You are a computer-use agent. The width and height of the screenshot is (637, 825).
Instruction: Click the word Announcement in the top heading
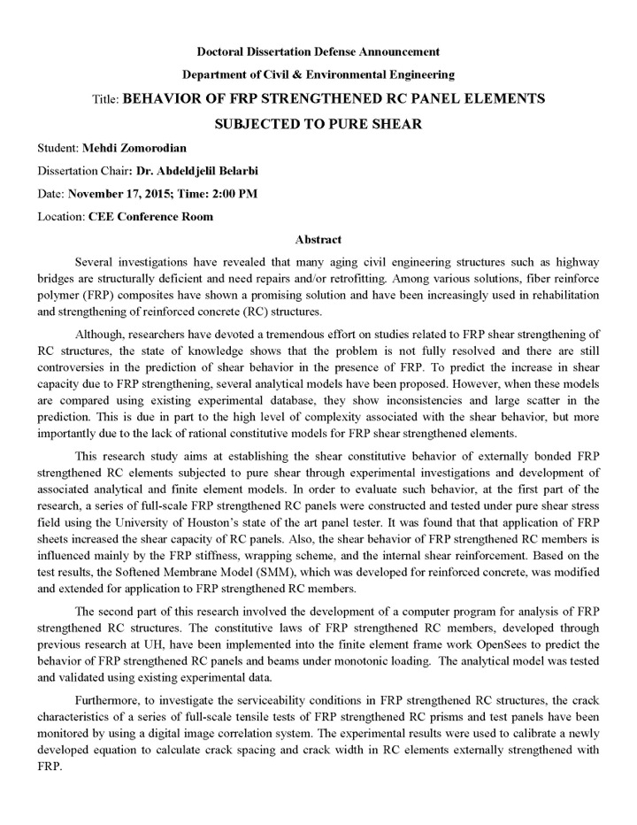(394, 52)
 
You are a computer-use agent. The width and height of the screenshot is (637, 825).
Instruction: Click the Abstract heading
(318, 239)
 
